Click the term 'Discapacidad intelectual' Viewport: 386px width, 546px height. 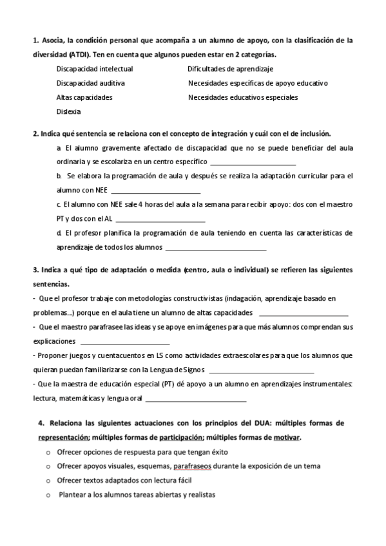coord(95,68)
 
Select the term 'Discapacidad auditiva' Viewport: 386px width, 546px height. coord(90,83)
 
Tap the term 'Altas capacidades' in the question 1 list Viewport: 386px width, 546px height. coord(84,97)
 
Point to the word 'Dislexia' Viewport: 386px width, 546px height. coord(68,111)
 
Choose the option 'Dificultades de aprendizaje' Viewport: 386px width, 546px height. coord(231,68)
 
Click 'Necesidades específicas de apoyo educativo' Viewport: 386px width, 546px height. coord(258,83)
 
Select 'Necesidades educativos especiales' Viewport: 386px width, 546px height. coord(243,97)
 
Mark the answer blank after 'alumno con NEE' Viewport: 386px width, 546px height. coord(156,191)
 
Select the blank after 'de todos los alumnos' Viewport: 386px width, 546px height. coord(216,248)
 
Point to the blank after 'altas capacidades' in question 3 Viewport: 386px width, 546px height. coord(303,314)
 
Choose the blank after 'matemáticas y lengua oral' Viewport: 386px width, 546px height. coord(196,399)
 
